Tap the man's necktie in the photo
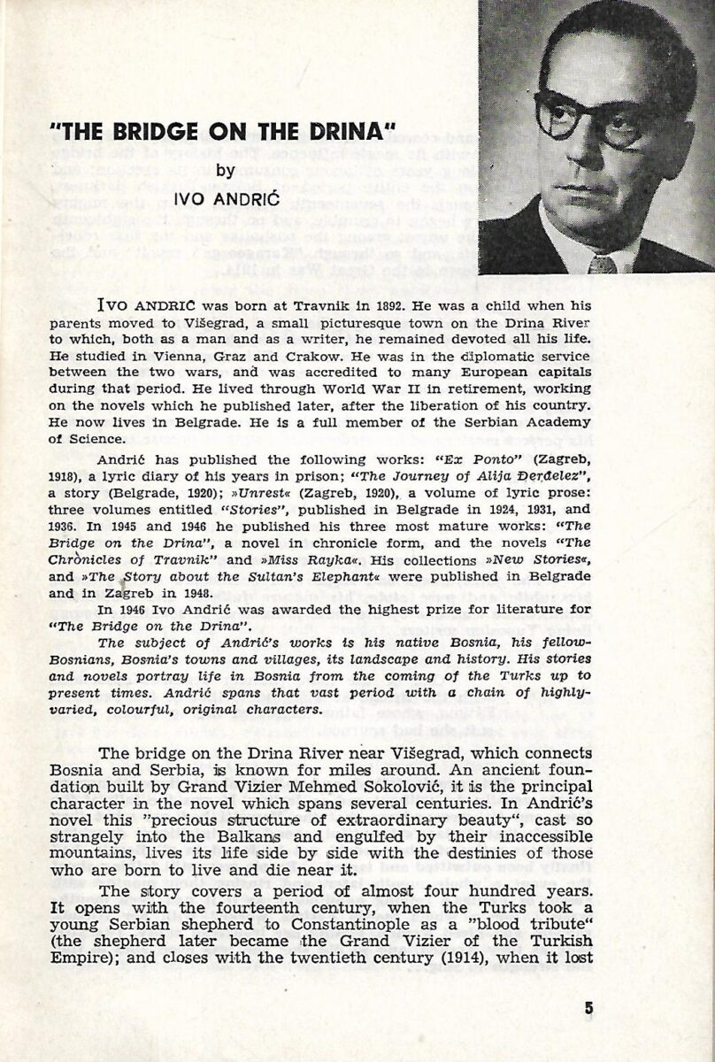pyautogui.click(x=603, y=263)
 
